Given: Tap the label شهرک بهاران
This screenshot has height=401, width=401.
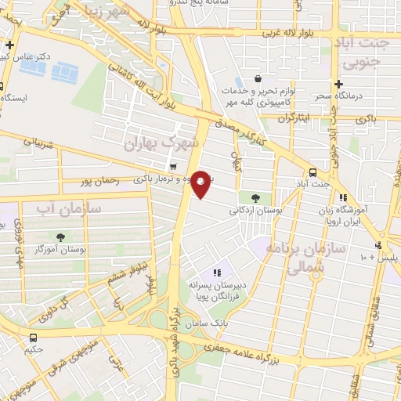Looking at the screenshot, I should coord(164,144).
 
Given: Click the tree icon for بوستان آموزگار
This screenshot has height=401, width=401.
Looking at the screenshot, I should coord(60,236).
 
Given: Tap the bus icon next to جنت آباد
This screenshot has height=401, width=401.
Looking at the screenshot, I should coord(313,172).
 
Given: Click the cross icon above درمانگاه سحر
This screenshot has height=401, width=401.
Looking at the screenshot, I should coord(338,84).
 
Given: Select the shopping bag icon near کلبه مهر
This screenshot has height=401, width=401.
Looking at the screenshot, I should coord(258,79).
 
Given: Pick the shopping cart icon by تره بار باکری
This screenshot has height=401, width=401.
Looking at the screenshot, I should coord(173,167).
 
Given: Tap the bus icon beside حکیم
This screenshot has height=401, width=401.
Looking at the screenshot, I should coord(33,338).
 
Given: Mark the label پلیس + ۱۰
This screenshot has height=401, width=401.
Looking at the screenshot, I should coord(381,257).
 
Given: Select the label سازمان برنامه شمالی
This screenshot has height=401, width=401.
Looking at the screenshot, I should coord(294,257).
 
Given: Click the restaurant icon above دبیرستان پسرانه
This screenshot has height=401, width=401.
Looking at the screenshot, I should coord(215,273).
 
